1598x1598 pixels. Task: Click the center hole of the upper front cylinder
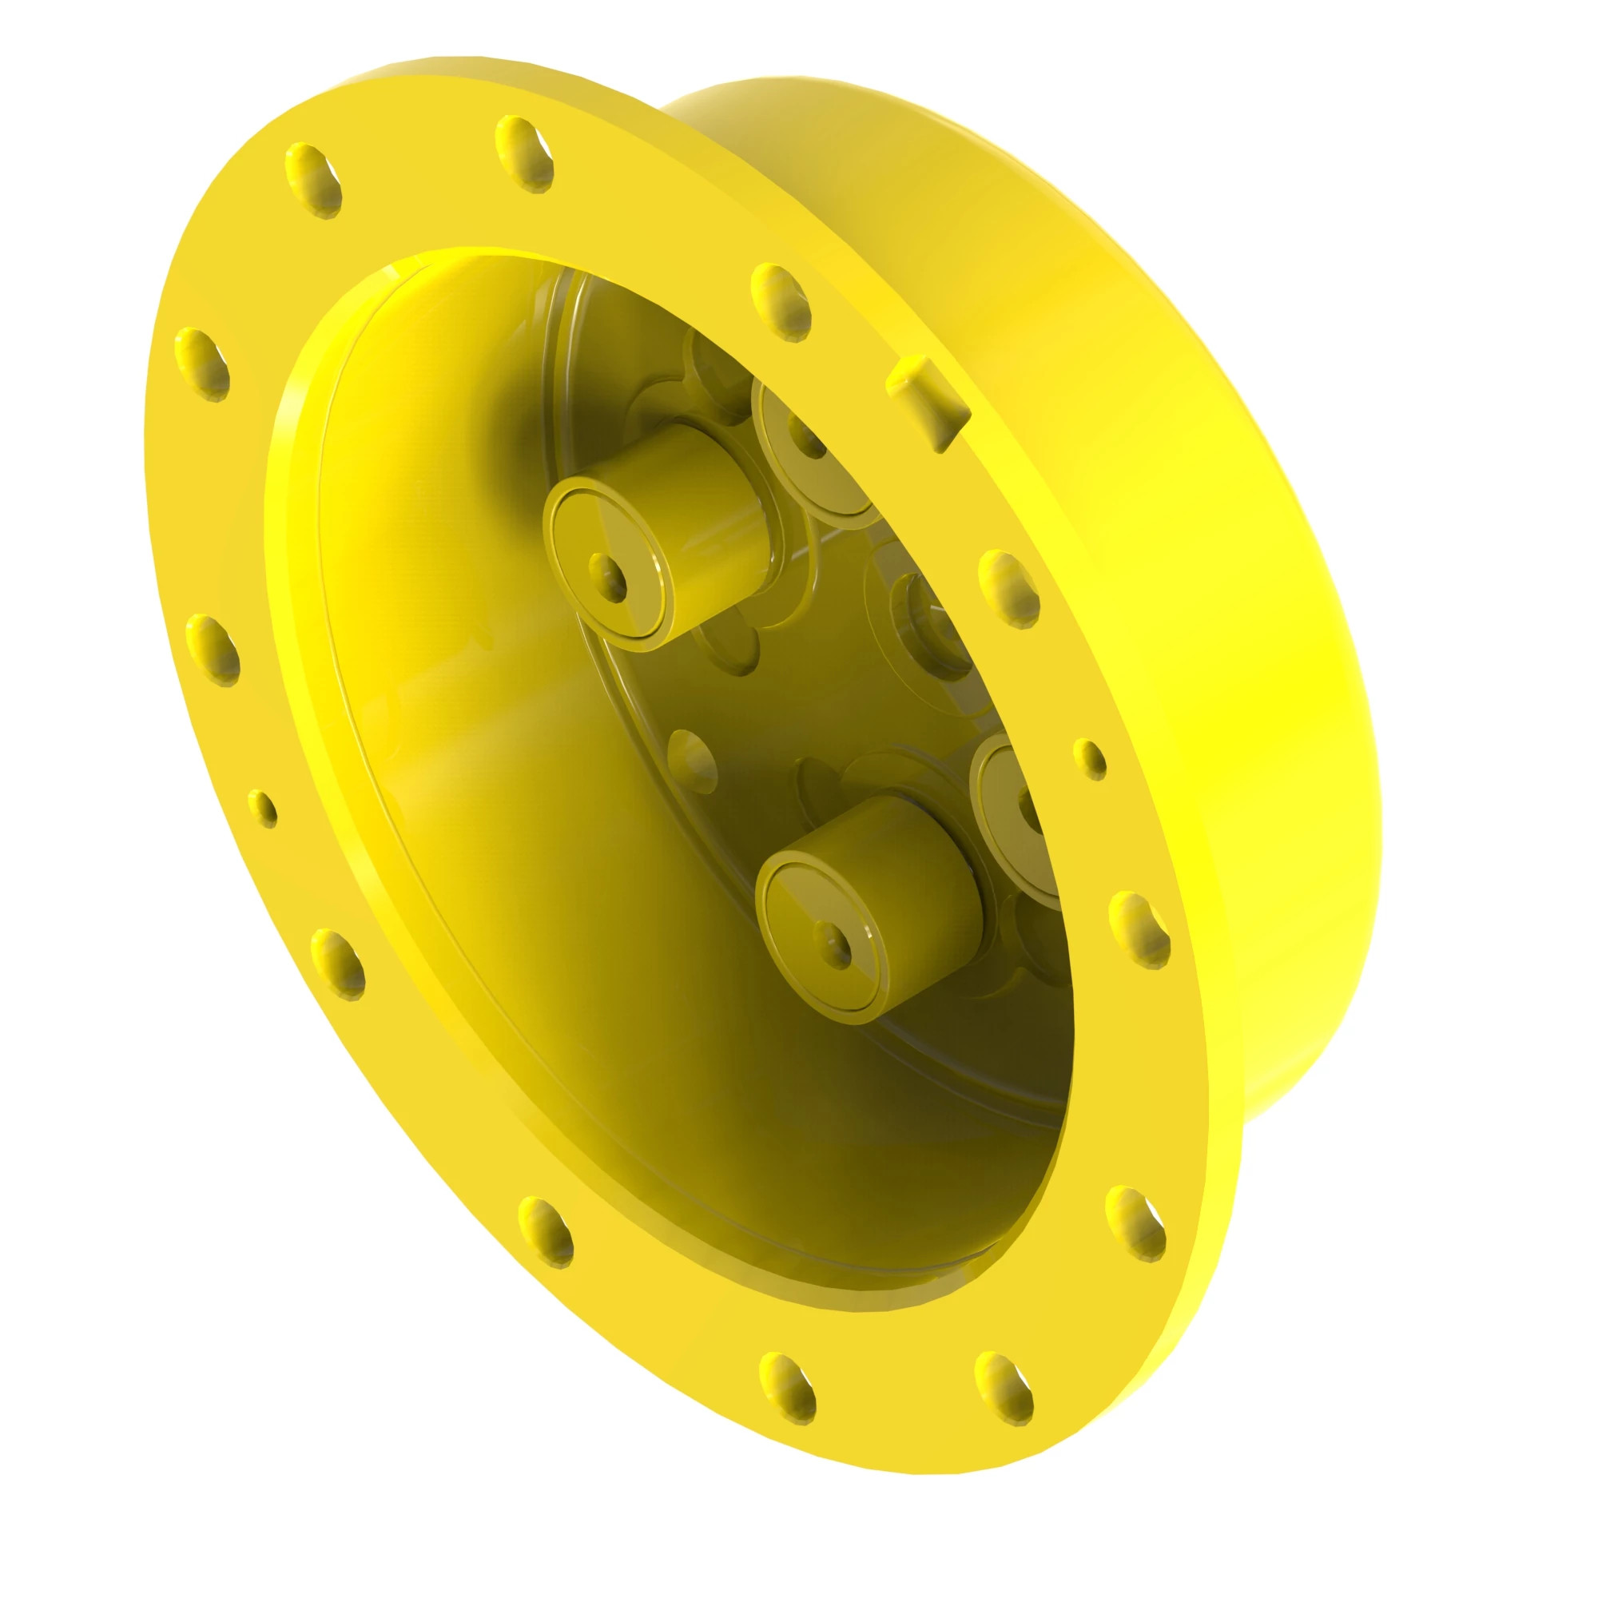(609, 578)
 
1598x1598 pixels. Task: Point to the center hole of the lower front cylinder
(833, 942)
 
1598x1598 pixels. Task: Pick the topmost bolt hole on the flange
(524, 154)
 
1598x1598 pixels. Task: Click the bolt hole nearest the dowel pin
(781, 302)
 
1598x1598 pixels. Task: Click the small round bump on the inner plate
(691, 759)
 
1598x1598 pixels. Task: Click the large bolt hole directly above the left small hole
(213, 650)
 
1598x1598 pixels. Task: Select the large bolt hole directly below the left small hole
(337, 964)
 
